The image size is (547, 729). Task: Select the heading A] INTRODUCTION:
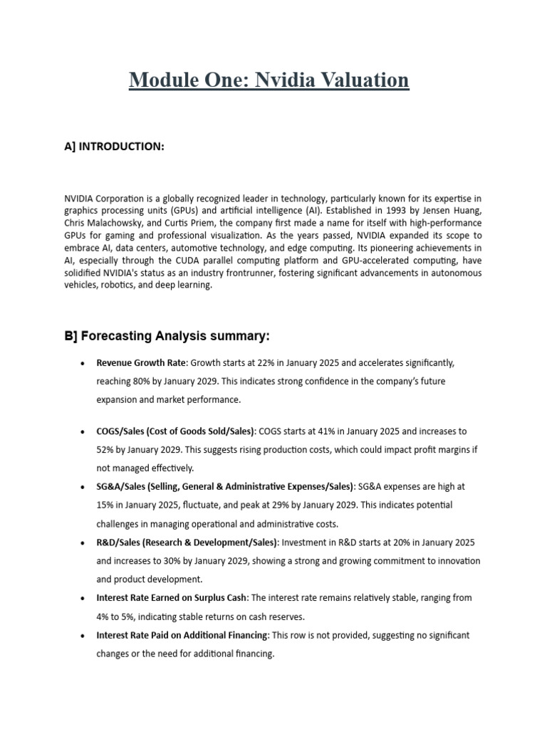pyautogui.click(x=115, y=147)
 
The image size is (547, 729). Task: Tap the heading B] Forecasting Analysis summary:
pyautogui.click(x=167, y=336)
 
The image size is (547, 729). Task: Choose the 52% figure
pyautogui.click(x=106, y=450)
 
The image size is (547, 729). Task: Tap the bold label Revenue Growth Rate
pyautogui.click(x=142, y=363)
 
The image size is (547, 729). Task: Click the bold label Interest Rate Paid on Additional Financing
pyautogui.click(x=182, y=635)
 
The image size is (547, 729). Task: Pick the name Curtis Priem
pyautogui.click(x=219, y=222)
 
